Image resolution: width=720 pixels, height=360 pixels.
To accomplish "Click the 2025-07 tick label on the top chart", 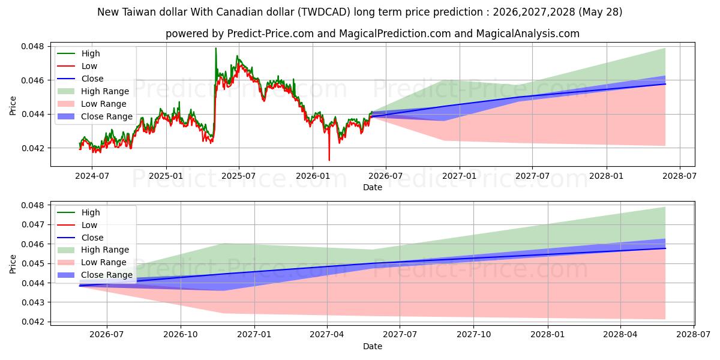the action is point(239,176).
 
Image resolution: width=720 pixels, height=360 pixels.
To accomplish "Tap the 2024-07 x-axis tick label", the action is point(92,176).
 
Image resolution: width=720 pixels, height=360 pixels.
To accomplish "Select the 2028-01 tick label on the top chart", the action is point(606,176).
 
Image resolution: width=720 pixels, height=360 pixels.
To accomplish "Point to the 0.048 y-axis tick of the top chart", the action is point(32,47).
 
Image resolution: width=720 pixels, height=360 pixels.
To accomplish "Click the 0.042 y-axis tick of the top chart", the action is point(32,148).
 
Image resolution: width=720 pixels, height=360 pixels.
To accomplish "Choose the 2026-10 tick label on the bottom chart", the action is point(181,335).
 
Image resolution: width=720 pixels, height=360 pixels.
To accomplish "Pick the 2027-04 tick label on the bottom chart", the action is point(327,335).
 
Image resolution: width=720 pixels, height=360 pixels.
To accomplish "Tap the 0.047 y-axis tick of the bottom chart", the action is point(32,224).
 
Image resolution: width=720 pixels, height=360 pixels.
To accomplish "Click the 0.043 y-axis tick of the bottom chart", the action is point(32,302).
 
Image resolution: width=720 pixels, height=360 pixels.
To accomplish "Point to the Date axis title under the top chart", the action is point(373,187).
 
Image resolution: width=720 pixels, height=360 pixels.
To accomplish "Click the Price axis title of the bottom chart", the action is point(13,264).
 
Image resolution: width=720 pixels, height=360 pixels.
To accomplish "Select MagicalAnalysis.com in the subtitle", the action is point(528,34).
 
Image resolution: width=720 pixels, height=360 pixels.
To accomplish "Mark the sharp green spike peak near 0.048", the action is point(215,48).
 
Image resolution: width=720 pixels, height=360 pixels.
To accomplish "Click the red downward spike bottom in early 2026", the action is point(329,160).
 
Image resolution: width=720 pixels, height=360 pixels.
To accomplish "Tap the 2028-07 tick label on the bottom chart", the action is point(694,335).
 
